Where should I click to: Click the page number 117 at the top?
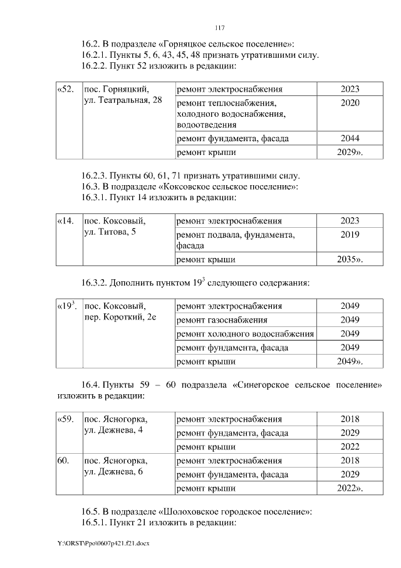(x=219, y=28)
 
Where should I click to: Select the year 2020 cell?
(x=350, y=102)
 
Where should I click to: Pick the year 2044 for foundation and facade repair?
(x=350, y=138)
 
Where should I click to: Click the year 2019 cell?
(x=350, y=234)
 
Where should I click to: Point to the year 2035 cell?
(x=350, y=258)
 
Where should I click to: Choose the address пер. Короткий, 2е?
(x=120, y=318)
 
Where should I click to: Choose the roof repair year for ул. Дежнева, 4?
(x=350, y=447)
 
